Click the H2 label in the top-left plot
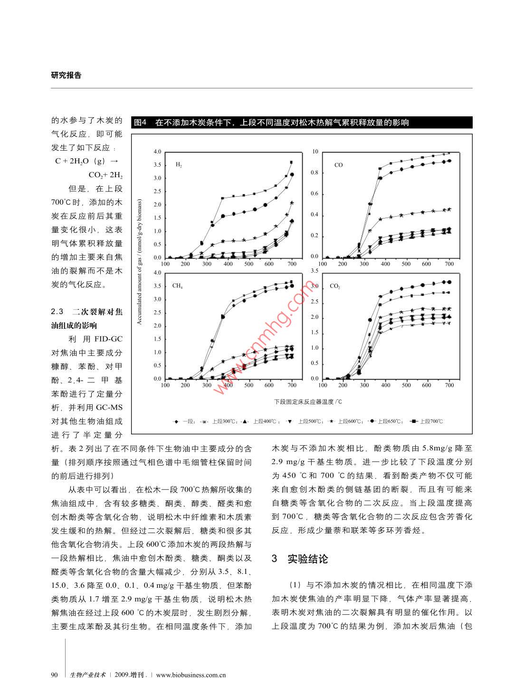click(x=179, y=165)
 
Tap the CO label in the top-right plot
click(x=338, y=165)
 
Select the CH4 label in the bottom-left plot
click(x=177, y=286)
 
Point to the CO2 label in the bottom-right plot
click(x=334, y=286)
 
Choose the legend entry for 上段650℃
click(x=391, y=421)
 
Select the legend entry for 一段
click(x=189, y=421)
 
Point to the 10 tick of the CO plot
click(x=315, y=152)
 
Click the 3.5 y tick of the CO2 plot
click(x=314, y=271)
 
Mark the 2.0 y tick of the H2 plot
click(x=157, y=205)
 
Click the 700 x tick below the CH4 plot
click(x=292, y=385)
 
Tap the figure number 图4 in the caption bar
click(x=141, y=123)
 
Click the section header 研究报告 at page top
click(x=66, y=75)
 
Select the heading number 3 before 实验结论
click(x=274, y=559)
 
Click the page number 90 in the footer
click(x=54, y=674)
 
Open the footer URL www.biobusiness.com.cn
click(x=191, y=674)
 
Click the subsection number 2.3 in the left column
click(x=57, y=312)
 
